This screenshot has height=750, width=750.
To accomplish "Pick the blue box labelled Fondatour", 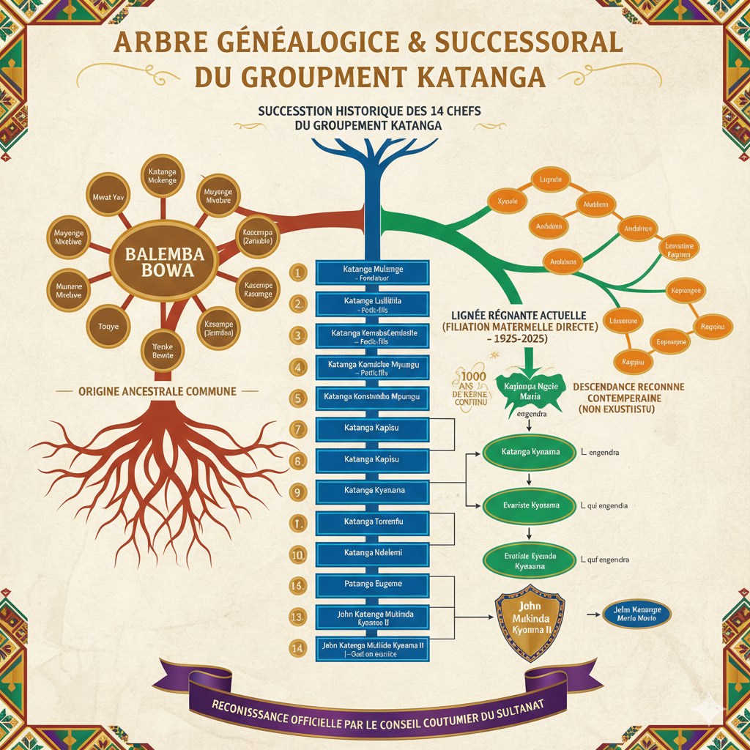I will tap(373, 273).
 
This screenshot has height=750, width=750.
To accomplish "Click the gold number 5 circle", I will tap(297, 399).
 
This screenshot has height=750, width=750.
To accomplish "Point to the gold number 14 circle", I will tap(297, 647).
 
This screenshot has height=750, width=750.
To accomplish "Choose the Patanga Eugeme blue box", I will tap(373, 584).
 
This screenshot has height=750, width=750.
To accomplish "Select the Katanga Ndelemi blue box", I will tap(373, 553).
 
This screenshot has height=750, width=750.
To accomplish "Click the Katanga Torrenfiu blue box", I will tap(373, 521).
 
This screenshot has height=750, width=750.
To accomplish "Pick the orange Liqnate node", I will tap(549, 179).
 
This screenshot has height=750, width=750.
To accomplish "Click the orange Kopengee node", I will tap(686, 291).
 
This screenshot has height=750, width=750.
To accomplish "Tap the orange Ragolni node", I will tap(712, 326).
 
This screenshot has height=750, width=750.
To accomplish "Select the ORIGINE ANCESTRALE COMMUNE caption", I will tap(157, 391).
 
